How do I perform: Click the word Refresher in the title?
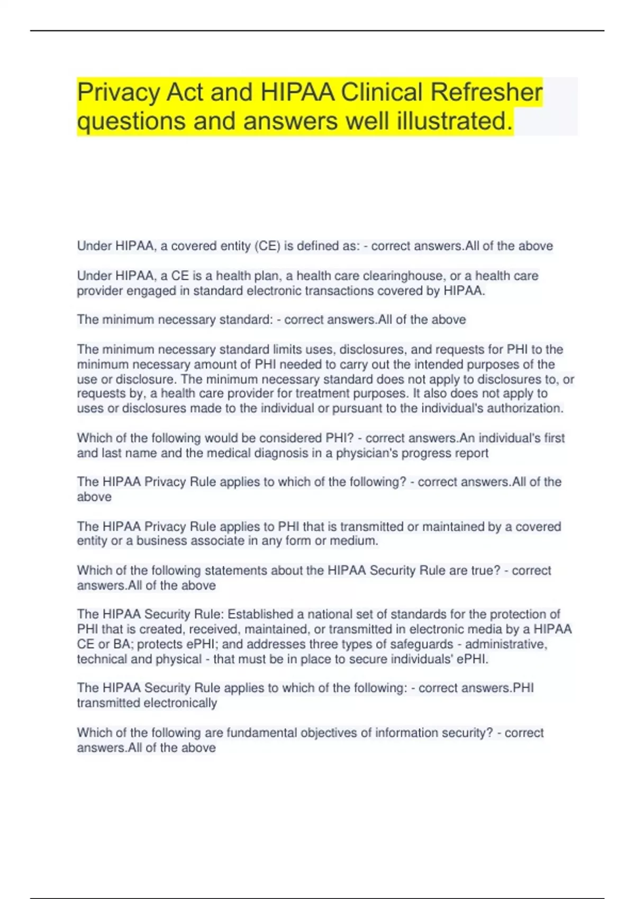point(486,92)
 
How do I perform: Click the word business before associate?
point(161,541)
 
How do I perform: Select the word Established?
point(261,614)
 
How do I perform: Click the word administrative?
point(506,644)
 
